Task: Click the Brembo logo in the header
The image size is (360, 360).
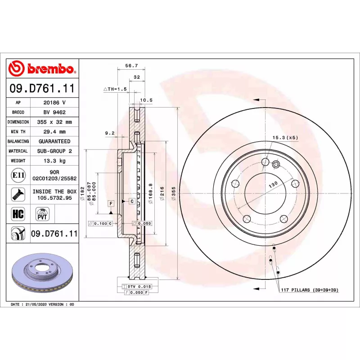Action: tap(42, 68)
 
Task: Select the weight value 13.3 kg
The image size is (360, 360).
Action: tap(54, 161)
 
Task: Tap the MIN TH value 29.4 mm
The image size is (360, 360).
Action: tap(54, 131)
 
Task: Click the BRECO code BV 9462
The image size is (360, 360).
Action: tap(54, 112)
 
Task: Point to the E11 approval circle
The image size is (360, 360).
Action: tap(18, 175)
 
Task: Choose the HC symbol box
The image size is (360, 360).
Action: tap(18, 214)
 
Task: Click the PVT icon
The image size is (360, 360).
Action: tap(42, 214)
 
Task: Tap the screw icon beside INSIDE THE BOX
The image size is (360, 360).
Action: tap(18, 194)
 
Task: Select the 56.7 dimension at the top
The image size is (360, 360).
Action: tap(131, 65)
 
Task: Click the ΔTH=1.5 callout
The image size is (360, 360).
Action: tap(115, 89)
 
